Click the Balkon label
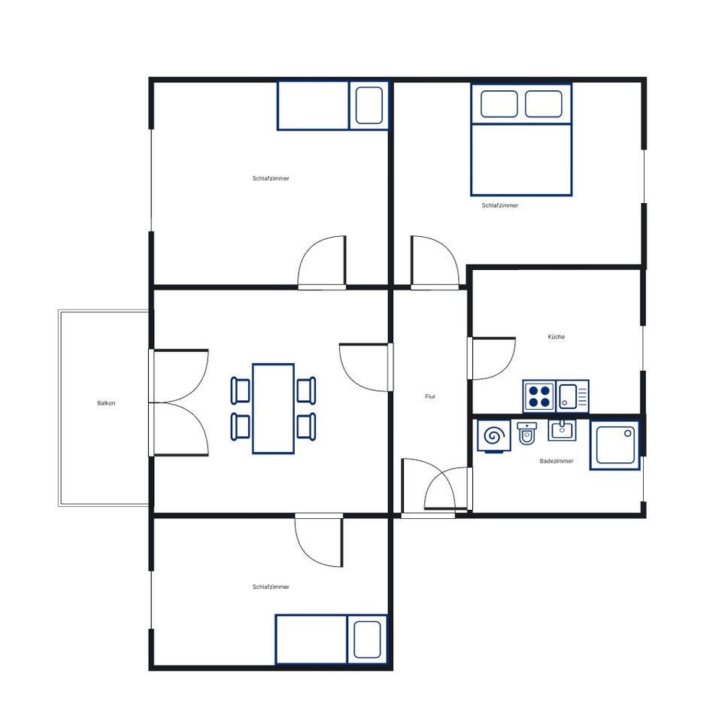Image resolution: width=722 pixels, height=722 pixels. coord(106,403)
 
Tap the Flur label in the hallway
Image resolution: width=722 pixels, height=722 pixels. coord(430,396)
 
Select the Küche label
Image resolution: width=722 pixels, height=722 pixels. coord(557,337)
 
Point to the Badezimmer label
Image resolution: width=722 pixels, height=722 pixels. coord(557,461)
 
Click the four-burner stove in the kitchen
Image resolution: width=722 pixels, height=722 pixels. coord(539,396)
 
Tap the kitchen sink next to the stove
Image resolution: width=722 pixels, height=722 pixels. coord(572,396)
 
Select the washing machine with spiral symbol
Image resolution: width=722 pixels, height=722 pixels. coord(494,435)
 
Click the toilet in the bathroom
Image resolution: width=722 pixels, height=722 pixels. coord(526,433)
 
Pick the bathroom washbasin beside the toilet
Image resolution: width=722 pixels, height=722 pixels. coord(562,429)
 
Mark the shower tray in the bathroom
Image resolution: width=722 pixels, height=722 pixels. coord(615,444)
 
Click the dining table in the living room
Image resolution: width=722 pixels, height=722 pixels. coord(274,408)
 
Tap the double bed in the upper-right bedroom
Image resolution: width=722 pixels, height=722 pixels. coord(521,140)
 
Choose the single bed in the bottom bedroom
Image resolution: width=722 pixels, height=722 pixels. coord(332,639)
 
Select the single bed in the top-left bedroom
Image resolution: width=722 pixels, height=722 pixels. coord(333,105)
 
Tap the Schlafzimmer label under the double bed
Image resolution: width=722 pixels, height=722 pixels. coord(500,205)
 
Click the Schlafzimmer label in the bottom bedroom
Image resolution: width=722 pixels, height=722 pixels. coord(271,587)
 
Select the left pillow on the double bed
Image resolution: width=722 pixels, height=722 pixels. coord(499,104)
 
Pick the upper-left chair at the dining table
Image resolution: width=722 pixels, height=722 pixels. coord(241,390)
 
